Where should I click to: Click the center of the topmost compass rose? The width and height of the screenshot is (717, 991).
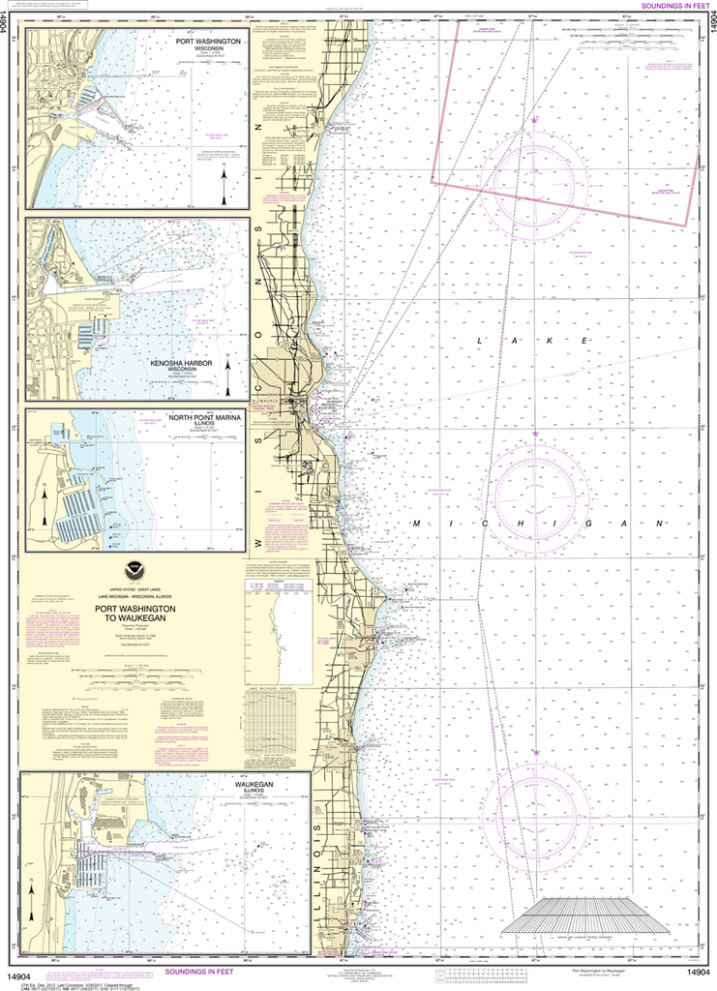tap(533, 179)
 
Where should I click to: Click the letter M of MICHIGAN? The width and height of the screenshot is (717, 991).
tap(418, 522)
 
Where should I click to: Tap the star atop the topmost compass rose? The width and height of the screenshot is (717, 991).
tap(533, 121)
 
